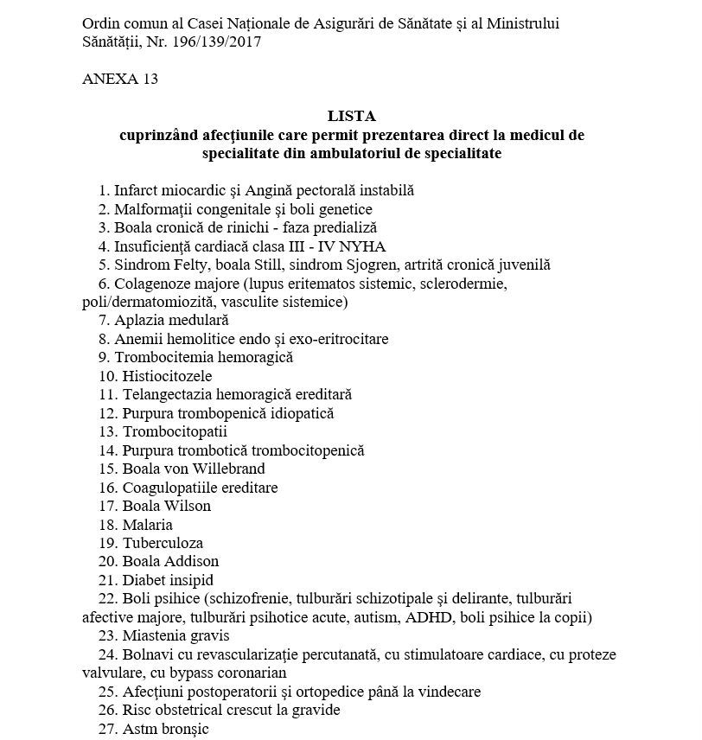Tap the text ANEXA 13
120,79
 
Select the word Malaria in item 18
148,525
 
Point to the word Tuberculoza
163,543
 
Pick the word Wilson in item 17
188,506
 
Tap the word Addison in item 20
192,562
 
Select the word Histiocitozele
167,376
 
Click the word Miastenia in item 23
152,635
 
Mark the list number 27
106,729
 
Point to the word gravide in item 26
315,710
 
